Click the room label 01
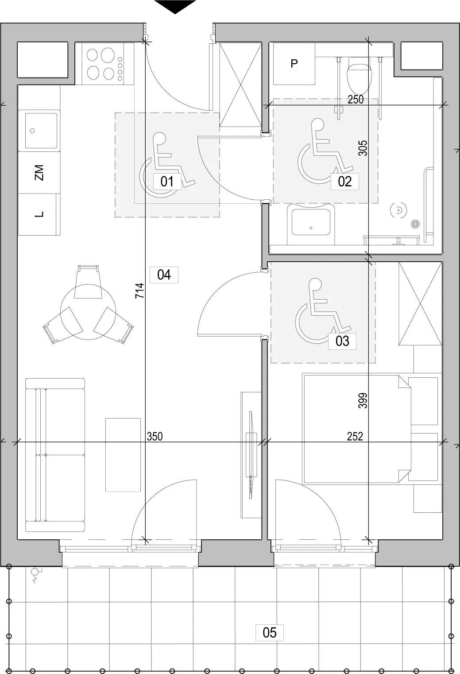tap(167, 182)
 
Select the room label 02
tap(344, 182)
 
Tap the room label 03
tap(342, 341)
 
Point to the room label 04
tap(164, 275)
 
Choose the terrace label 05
tap(269, 632)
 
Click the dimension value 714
tap(140, 291)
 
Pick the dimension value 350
tap(155, 436)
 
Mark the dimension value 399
tap(363, 400)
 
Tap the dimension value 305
tap(363, 148)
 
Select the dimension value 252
tap(355, 436)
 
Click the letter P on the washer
tap(294, 63)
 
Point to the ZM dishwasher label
tap(39, 172)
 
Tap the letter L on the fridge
tap(39, 214)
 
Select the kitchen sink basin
tap(41, 131)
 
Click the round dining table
tap(88, 312)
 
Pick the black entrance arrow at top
tap(175, 7)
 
